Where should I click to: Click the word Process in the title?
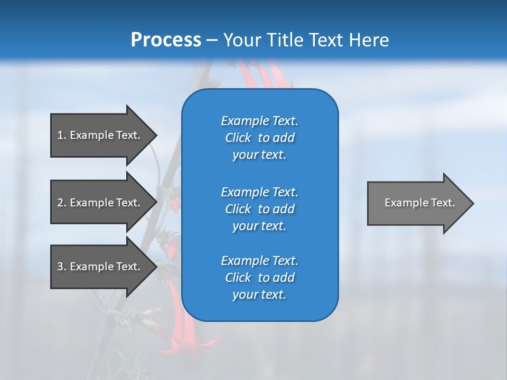(x=166, y=40)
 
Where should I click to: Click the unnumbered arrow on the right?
(x=420, y=203)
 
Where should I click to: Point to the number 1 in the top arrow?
(x=60, y=135)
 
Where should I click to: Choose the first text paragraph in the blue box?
(x=259, y=138)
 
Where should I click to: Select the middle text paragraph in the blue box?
(x=259, y=209)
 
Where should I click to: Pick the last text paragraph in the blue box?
(x=259, y=278)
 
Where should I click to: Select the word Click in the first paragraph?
(x=238, y=138)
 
